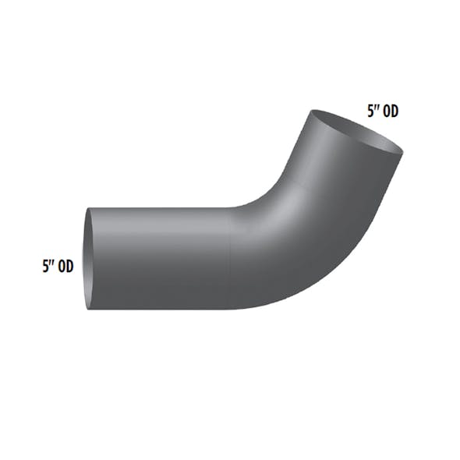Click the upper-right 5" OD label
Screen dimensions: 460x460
click(x=383, y=111)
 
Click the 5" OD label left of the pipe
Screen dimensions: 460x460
click(x=58, y=266)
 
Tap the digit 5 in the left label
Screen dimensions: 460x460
click(x=46, y=266)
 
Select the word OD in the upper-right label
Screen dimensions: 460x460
click(x=391, y=111)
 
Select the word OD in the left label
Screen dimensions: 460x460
click(x=65, y=266)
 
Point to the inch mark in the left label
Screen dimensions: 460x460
click(x=52, y=263)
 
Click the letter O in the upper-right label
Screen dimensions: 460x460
click(x=387, y=111)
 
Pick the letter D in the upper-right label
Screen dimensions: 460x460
click(x=395, y=111)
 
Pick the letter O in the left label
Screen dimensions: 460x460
click(x=62, y=266)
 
